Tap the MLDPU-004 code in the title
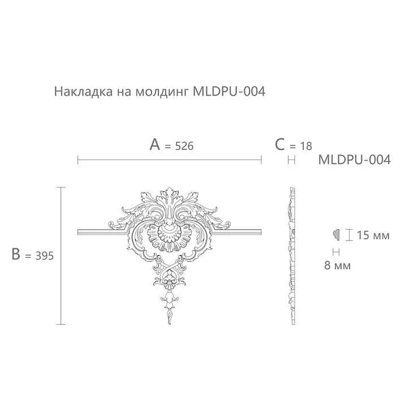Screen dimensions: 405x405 229,91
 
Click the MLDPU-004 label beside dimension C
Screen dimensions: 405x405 354,160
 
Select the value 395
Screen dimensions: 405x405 42,256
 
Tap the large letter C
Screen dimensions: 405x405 280,145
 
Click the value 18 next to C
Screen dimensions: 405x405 305,146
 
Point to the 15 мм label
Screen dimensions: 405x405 373,235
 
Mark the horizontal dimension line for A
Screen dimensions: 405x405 169,161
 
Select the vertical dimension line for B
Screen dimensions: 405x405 61,256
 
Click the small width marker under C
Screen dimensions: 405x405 292,161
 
